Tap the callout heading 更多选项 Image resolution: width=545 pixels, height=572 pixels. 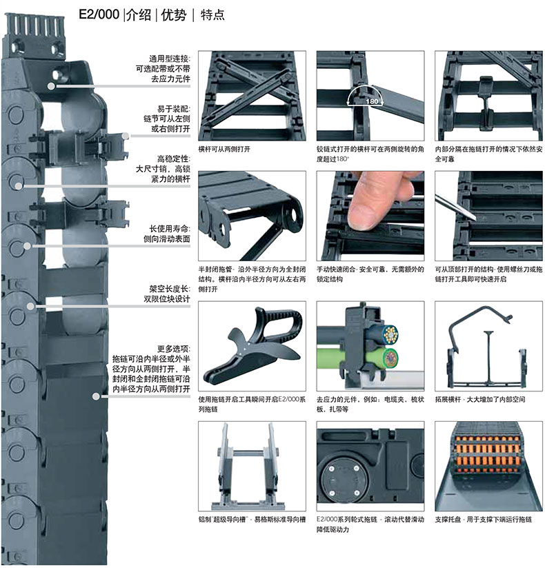click(x=173, y=349)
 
